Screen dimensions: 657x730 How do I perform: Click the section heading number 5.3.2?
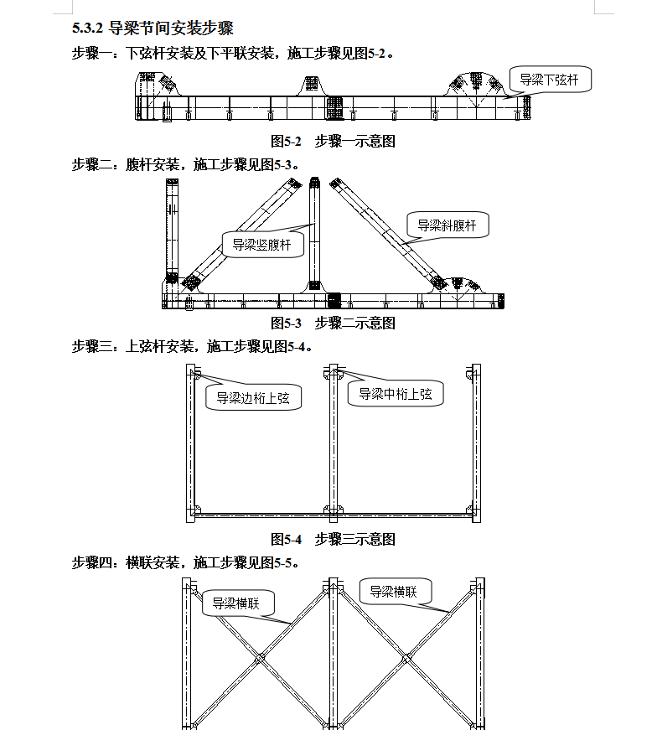click(x=87, y=28)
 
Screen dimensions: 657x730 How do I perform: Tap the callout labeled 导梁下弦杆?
click(x=550, y=80)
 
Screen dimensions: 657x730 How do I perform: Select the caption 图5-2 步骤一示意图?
click(x=333, y=141)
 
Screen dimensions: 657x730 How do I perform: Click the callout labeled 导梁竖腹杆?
click(x=262, y=245)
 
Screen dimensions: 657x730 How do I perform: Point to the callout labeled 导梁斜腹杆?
click(x=447, y=225)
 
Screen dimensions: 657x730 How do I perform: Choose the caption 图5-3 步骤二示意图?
click(x=333, y=323)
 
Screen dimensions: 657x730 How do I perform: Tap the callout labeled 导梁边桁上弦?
click(x=253, y=397)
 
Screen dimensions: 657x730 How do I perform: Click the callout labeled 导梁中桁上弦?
click(x=396, y=394)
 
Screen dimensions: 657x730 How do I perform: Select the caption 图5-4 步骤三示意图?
click(x=333, y=539)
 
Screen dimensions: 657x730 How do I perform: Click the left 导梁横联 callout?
click(x=238, y=603)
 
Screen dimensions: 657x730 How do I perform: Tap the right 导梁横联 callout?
click(x=396, y=591)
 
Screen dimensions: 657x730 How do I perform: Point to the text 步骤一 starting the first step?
click(x=91, y=54)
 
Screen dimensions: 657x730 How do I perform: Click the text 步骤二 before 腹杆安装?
click(x=91, y=165)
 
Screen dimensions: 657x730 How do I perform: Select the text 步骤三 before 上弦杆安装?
click(x=91, y=346)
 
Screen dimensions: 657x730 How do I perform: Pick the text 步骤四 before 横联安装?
click(x=91, y=563)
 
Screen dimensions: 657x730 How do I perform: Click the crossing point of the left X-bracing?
click(x=260, y=658)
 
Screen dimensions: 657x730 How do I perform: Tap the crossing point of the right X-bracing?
click(x=407, y=658)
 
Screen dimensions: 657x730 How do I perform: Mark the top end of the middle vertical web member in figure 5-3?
click(x=315, y=178)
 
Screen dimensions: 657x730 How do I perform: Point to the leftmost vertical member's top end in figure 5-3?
click(x=172, y=179)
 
